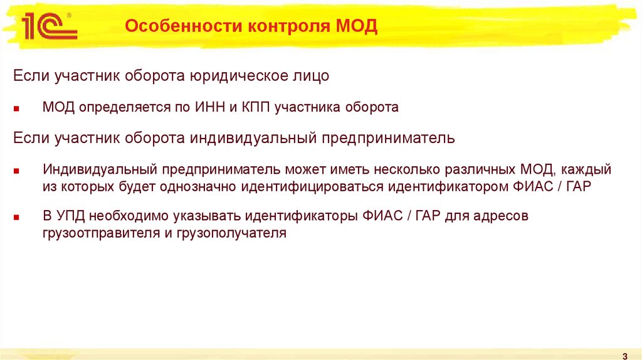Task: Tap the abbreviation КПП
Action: [253, 107]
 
